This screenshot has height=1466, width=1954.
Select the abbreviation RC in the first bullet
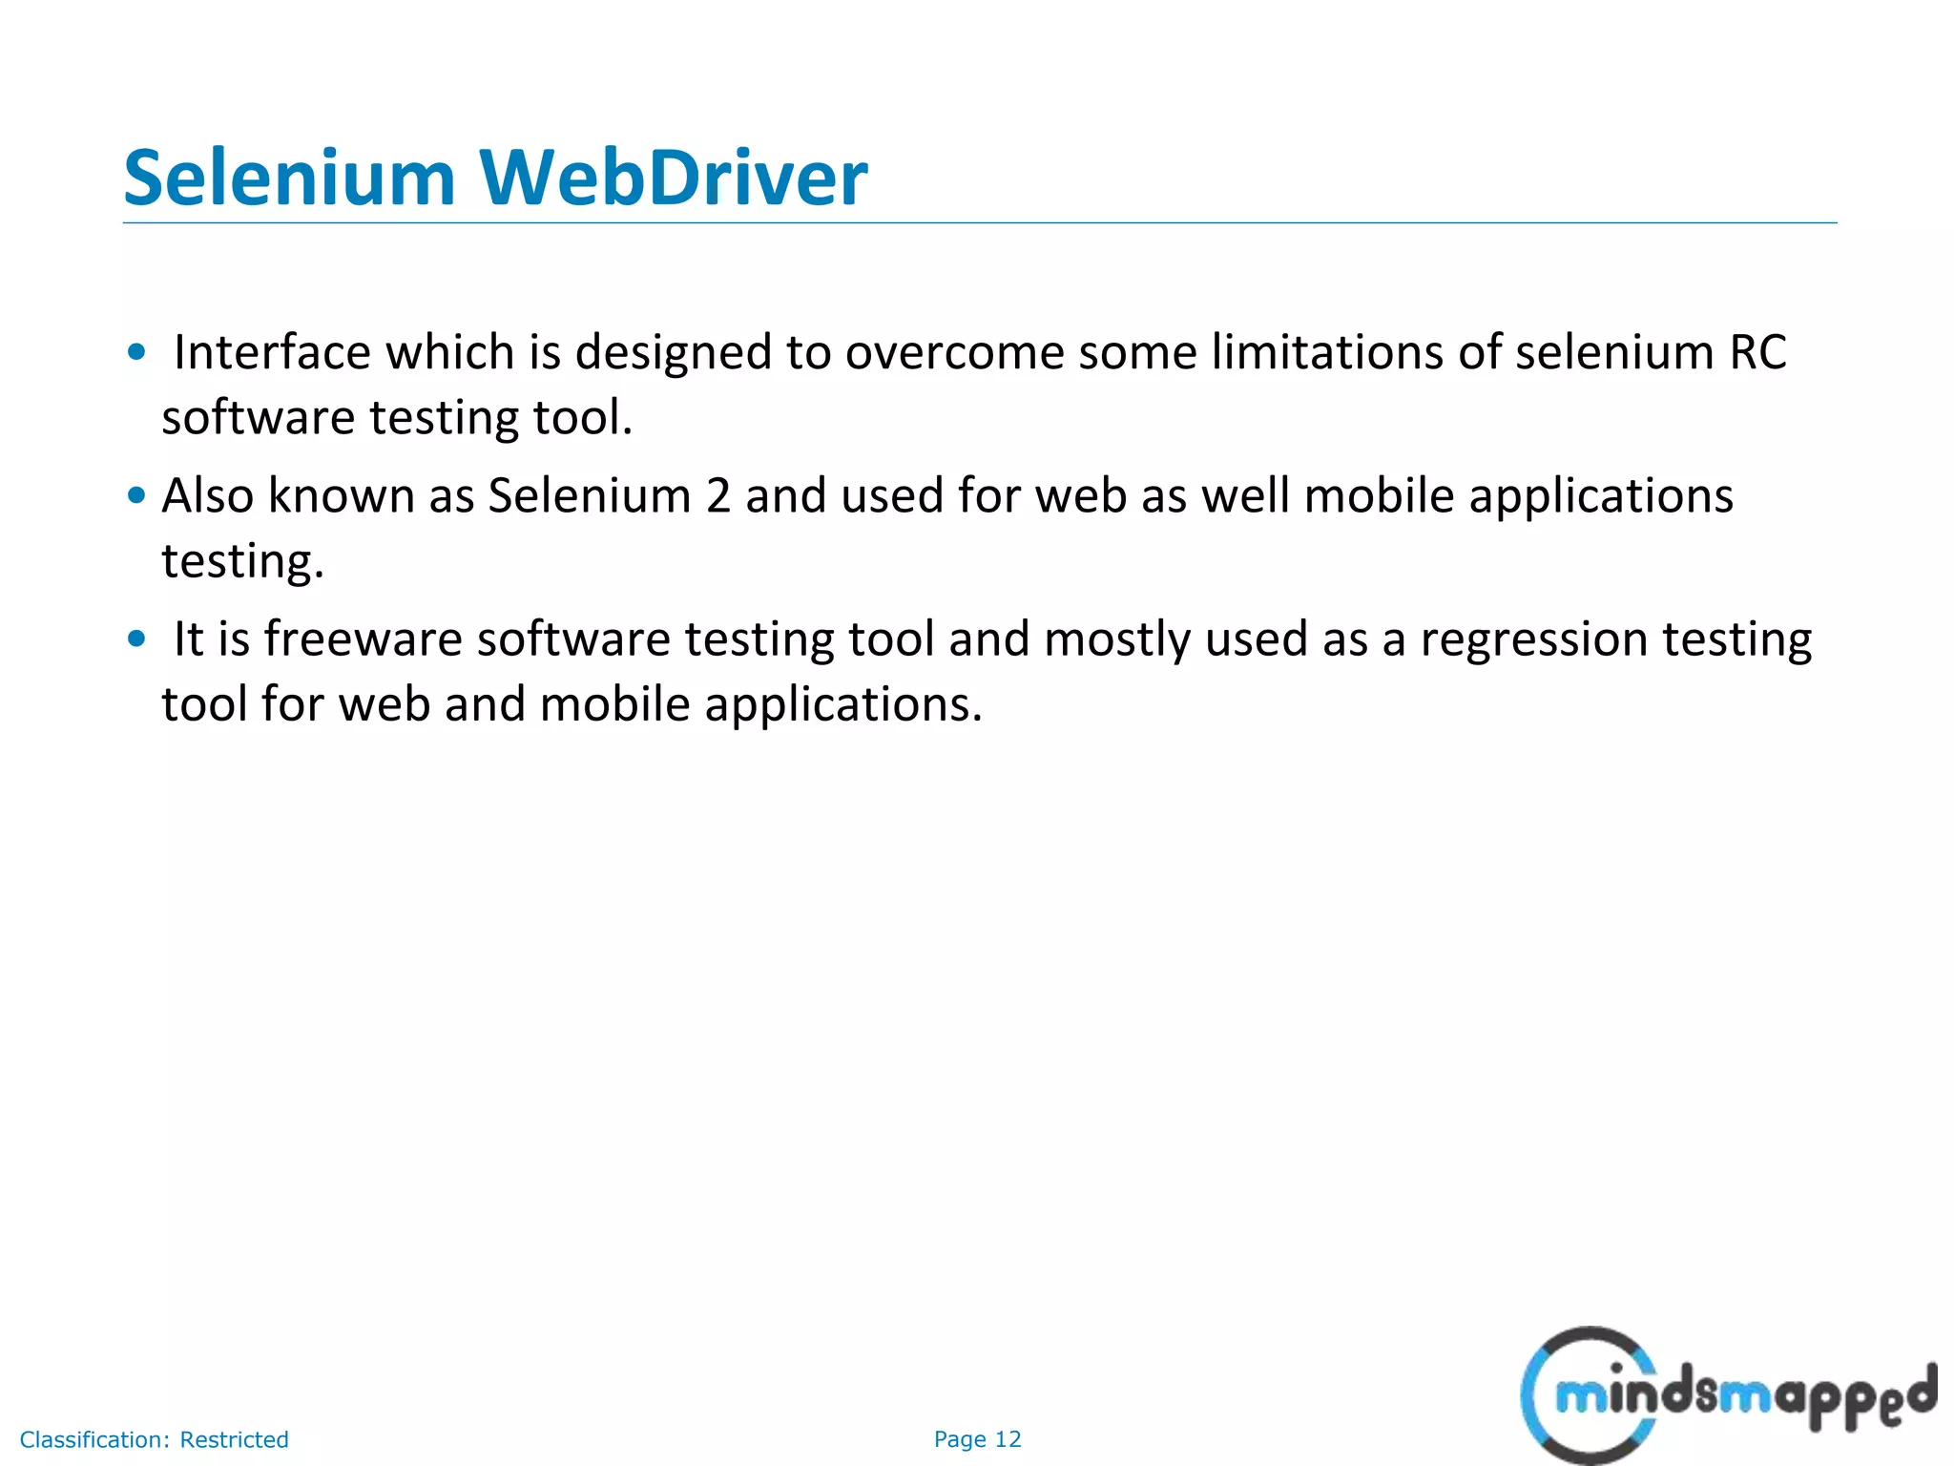[1757, 352]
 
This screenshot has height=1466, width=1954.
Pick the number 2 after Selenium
[718, 495]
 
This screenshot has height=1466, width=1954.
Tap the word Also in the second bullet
[207, 495]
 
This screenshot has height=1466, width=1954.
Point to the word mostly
[1118, 640]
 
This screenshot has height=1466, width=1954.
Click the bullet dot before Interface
[137, 352]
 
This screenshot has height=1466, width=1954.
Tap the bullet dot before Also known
[137, 495]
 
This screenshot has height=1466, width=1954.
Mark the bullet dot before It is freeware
[137, 639]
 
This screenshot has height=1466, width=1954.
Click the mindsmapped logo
[1727, 1393]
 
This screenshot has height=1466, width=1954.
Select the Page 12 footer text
[977, 1439]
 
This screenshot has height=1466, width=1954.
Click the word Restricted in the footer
[234, 1439]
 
